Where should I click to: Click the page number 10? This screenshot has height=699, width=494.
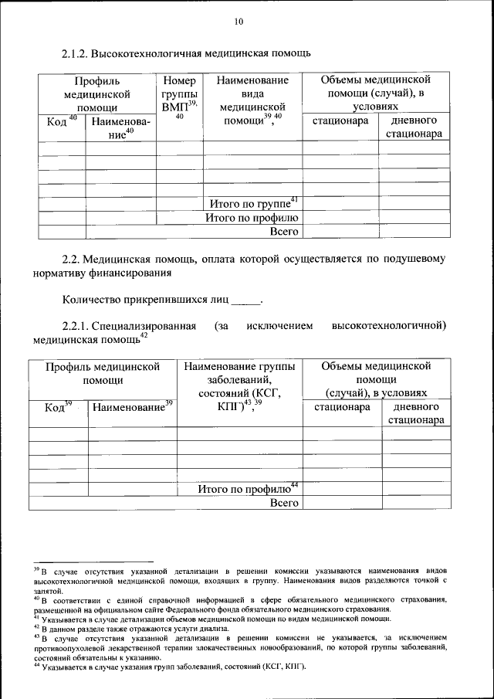[x=239, y=22]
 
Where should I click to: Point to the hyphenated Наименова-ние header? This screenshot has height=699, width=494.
[x=120, y=127]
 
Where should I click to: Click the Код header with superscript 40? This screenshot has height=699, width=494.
[x=61, y=122]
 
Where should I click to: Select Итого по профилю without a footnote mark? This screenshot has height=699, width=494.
[x=252, y=217]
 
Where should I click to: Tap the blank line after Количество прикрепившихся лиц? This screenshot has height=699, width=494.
[x=246, y=300]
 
